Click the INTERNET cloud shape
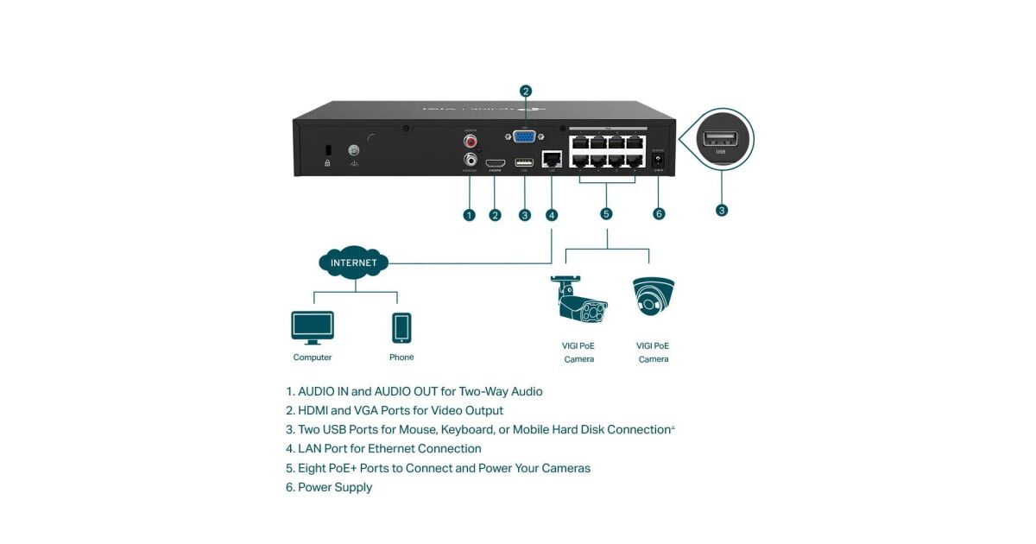pyautogui.click(x=354, y=262)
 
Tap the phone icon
pyautogui.click(x=401, y=328)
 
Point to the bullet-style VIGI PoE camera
pyautogui.click(x=579, y=301)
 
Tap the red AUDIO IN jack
pyautogui.click(x=471, y=139)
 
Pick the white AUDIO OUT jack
pyautogui.click(x=471, y=159)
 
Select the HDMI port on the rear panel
pyautogui.click(x=496, y=162)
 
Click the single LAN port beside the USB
pyautogui.click(x=551, y=160)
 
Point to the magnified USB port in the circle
pyautogui.click(x=721, y=139)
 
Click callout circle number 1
pyautogui.click(x=470, y=215)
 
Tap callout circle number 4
pyautogui.click(x=552, y=215)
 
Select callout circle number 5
pyautogui.click(x=607, y=214)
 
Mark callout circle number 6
pyautogui.click(x=660, y=214)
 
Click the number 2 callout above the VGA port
pyautogui.click(x=526, y=91)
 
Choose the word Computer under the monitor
pyautogui.click(x=313, y=357)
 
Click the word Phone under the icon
pyautogui.click(x=401, y=357)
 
